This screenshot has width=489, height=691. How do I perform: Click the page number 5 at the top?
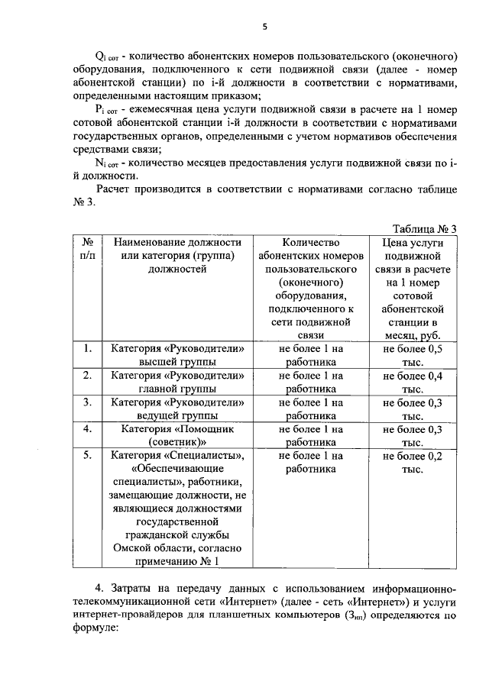[264, 27]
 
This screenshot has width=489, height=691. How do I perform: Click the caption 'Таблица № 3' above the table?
[424, 229]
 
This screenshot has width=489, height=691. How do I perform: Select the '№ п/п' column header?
[87, 249]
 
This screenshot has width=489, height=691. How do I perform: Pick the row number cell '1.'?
[87, 348]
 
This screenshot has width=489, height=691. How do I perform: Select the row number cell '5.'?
[87, 455]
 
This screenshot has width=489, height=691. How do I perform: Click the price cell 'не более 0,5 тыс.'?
[413, 354]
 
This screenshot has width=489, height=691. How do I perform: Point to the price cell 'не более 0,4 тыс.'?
[413, 382]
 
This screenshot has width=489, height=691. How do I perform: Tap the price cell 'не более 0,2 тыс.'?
[413, 462]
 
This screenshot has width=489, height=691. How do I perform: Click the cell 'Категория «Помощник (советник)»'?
[177, 435]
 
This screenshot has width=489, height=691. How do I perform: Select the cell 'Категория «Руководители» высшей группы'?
[177, 354]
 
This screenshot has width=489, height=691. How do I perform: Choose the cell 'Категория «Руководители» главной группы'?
[177, 382]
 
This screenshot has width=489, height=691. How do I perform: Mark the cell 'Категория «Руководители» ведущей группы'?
[177, 408]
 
